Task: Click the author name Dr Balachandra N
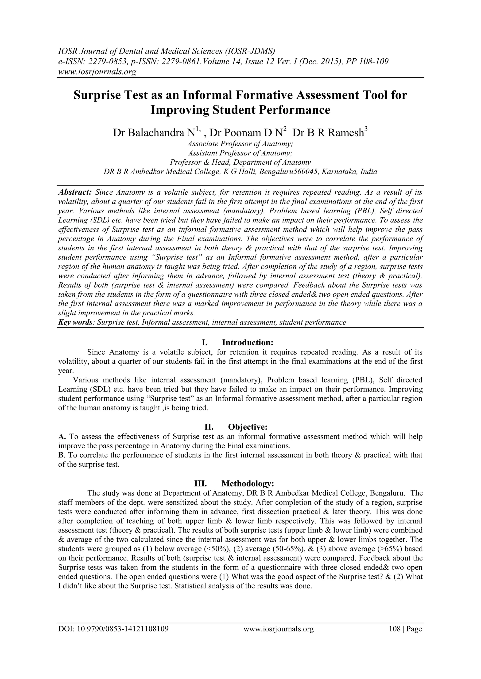(x=154, y=132)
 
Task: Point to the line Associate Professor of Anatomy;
(x=240, y=144)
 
